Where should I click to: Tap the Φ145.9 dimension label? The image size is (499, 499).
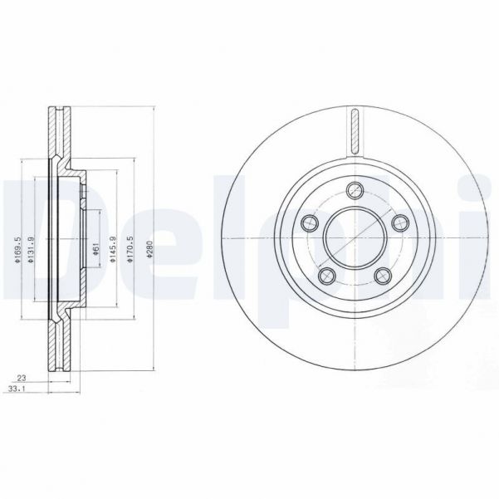(x=112, y=248)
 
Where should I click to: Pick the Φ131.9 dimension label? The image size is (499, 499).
(x=30, y=248)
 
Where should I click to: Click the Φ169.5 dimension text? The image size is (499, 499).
(x=17, y=248)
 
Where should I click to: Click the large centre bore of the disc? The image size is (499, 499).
(x=354, y=237)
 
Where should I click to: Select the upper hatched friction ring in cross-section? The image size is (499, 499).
(x=59, y=133)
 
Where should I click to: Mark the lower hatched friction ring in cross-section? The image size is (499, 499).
(x=59, y=340)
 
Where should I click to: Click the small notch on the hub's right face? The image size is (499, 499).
(x=86, y=193)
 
